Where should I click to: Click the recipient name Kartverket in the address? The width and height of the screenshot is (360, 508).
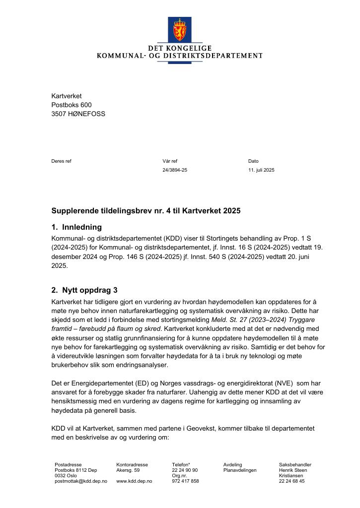tap(67, 96)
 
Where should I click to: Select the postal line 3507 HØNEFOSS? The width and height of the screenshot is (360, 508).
tap(78, 114)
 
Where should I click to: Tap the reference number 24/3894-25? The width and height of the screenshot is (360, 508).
tap(175, 170)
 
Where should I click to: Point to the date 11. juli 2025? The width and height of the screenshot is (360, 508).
tap(261, 170)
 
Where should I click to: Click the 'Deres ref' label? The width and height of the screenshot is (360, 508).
tap(61, 161)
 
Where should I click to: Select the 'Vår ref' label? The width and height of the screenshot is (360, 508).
tap(170, 161)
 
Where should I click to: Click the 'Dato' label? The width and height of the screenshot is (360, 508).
tap(253, 161)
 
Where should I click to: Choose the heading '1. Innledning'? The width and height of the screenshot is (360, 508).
tap(76, 227)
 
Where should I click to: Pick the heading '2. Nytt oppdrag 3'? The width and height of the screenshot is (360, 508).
tap(84, 290)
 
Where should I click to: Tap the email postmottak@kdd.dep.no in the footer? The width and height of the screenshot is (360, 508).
tap(81, 481)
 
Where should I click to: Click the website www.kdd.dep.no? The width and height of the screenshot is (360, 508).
tap(134, 481)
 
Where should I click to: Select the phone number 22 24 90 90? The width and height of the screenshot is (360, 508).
tap(185, 470)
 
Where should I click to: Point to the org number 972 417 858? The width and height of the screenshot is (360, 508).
tap(185, 481)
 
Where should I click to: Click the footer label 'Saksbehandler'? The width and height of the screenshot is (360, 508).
tap(295, 465)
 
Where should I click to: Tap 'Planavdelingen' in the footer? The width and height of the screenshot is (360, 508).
tap(240, 470)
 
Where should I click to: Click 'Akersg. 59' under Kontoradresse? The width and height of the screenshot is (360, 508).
tap(128, 470)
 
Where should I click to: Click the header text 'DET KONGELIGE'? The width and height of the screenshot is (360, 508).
tap(179, 48)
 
